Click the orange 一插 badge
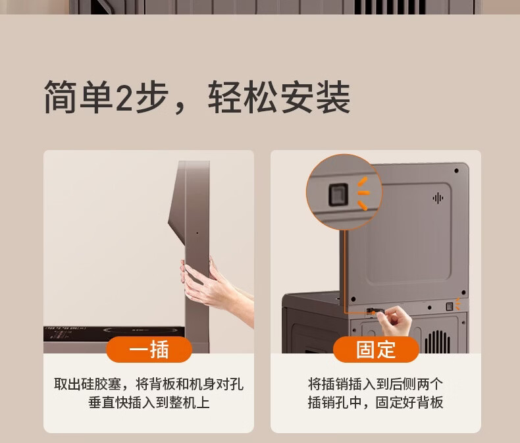point(149,350)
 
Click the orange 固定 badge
point(376,350)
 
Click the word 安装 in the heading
point(315,97)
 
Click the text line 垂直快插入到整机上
point(149,402)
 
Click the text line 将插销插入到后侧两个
point(375,384)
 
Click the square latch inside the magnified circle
point(338,194)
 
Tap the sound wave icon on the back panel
point(438,198)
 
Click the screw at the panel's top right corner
point(456,170)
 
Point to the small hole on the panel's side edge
point(197,233)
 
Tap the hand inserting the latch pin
point(395,320)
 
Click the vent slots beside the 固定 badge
point(438,342)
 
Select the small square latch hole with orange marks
point(450,306)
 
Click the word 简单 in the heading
point(78,97)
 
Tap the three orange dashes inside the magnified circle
point(363,194)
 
